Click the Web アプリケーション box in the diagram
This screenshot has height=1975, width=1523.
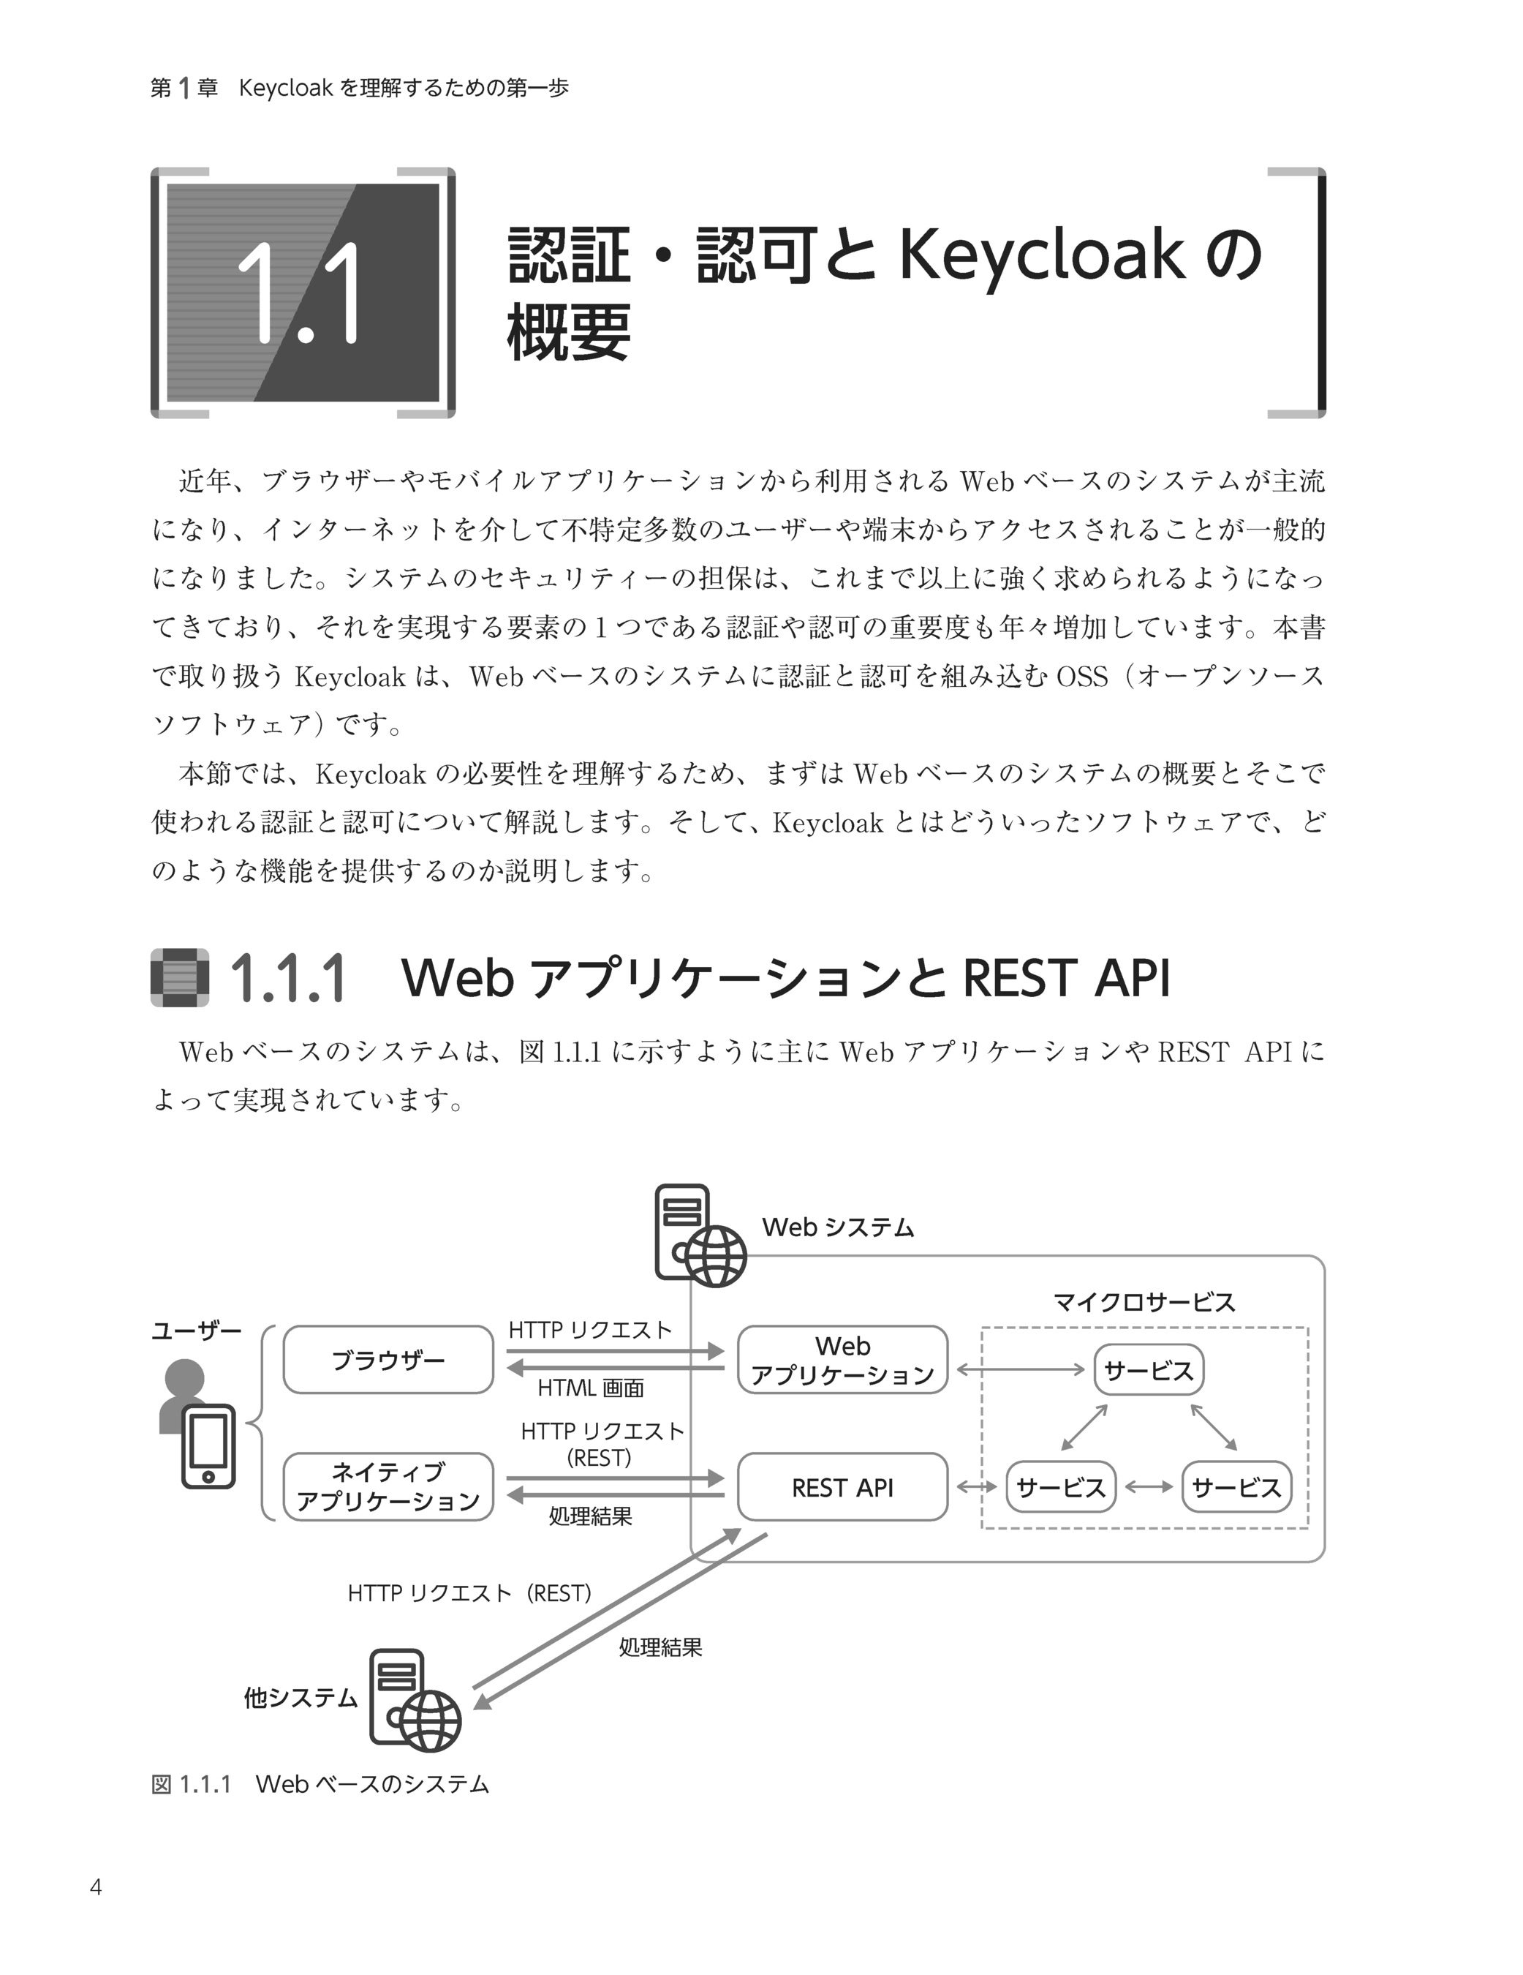(842, 1360)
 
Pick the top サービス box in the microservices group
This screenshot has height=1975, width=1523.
(1149, 1371)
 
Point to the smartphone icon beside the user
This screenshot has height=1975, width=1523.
(208, 1447)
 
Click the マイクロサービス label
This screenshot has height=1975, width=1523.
(1144, 1302)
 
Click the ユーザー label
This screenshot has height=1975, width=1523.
(196, 1331)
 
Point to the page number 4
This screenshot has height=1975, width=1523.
(96, 1887)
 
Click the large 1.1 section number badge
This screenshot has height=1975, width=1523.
(303, 293)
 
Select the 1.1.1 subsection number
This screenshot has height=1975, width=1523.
(288, 979)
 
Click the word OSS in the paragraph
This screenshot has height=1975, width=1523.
(1081, 677)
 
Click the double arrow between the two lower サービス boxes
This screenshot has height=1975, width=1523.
(1149, 1486)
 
